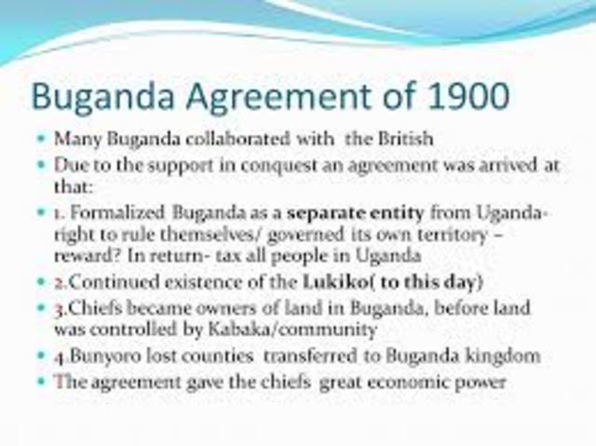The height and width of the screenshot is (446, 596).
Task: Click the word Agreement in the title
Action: (x=248, y=98)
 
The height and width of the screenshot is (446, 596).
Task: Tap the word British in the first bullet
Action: (x=405, y=139)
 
